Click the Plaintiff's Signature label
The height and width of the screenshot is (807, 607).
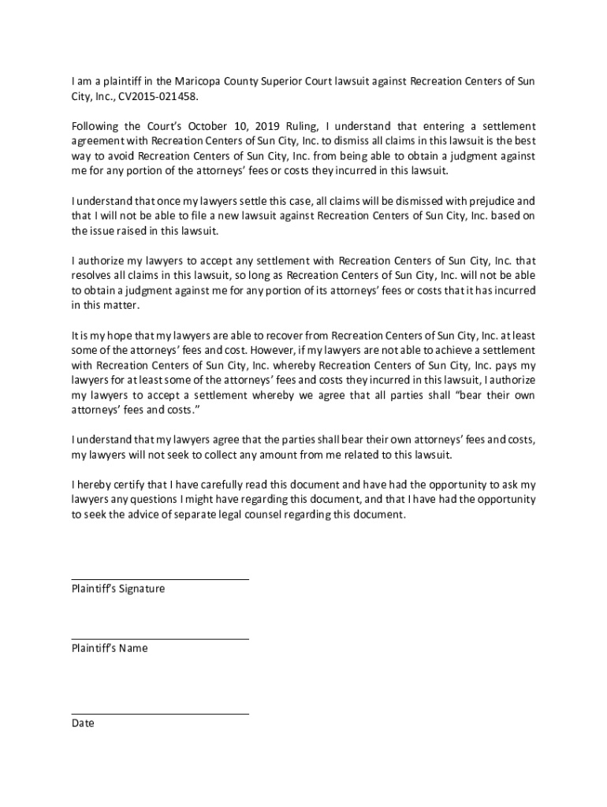pyautogui.click(x=118, y=589)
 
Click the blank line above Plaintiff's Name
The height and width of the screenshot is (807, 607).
pyautogui.click(x=160, y=639)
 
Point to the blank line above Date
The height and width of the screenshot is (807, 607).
pyautogui.click(x=160, y=714)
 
